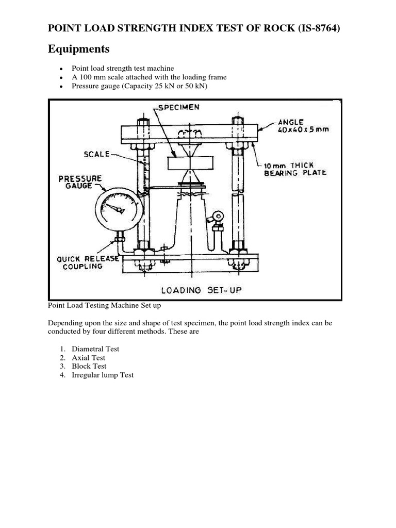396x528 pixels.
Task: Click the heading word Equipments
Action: pos(79,49)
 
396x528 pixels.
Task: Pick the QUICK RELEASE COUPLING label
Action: pos(82,263)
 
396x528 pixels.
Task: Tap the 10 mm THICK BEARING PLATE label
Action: pos(295,169)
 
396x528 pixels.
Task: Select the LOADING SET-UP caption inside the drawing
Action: pos(202,290)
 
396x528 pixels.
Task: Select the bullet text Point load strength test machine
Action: pos(123,68)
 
